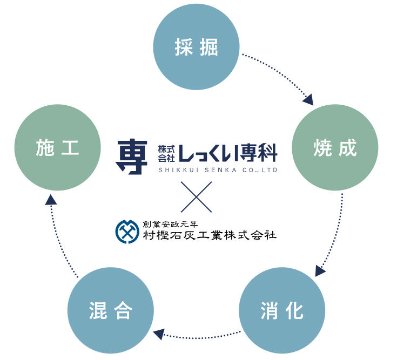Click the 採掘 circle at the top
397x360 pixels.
tap(197, 47)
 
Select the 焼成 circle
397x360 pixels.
tap(335, 147)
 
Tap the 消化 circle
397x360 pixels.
tap(281, 310)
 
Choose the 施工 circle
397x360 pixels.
tap(58, 147)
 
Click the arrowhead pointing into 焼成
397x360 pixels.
tap(308, 100)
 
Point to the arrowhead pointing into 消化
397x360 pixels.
tap(320, 270)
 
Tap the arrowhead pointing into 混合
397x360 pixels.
tap(158, 334)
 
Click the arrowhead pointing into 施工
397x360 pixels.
tap(50, 200)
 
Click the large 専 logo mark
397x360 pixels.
tap(131, 157)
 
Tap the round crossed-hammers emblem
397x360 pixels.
tap(127, 230)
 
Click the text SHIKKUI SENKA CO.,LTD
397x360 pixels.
tap(218, 170)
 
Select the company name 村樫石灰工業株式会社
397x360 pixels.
tap(209, 235)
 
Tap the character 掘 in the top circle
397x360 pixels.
tap(210, 48)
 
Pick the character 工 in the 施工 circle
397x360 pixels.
tap(71, 147)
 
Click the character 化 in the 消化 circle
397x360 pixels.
tap(295, 310)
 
